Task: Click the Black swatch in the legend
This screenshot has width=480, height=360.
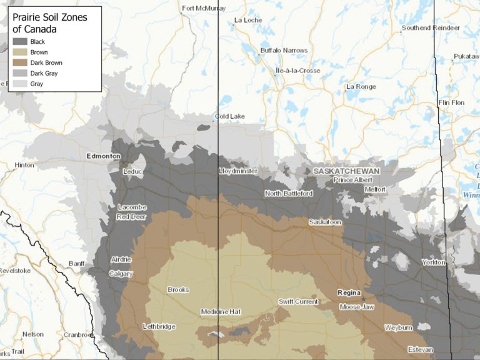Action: click(20, 42)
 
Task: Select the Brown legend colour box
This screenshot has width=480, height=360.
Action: click(20, 52)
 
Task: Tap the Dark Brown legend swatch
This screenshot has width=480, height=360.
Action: click(20, 63)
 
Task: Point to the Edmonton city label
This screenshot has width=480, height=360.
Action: click(104, 156)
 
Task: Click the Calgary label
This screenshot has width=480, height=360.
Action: click(121, 274)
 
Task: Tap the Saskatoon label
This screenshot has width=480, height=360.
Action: click(325, 222)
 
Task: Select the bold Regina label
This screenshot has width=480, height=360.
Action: click(349, 292)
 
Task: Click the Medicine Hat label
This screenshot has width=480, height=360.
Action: click(221, 312)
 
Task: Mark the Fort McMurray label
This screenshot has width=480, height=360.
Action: click(203, 8)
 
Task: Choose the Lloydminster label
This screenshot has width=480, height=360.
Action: click(238, 171)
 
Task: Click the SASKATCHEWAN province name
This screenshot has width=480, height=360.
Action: click(346, 171)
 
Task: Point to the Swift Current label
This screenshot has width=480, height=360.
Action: click(298, 302)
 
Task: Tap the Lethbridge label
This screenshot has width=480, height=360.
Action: click(159, 326)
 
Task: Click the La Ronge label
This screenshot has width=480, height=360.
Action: click(361, 87)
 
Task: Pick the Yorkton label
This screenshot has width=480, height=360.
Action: click(434, 262)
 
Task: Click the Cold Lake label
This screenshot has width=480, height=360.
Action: click(230, 116)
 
